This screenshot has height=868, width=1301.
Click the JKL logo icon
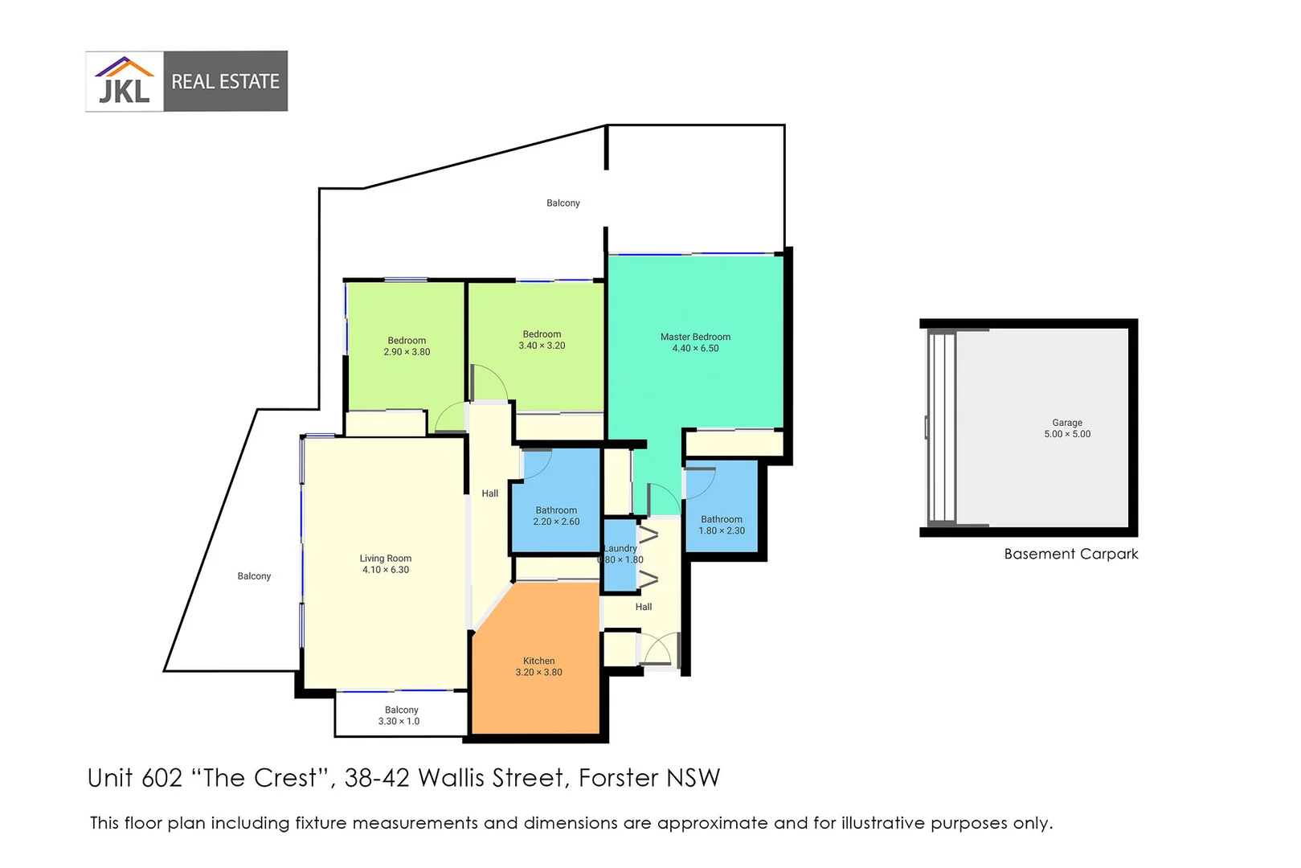tap(125, 81)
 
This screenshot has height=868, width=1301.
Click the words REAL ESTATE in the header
tap(225, 81)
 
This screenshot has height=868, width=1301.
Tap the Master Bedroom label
tap(695, 337)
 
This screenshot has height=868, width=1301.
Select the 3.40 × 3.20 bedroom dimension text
tap(542, 346)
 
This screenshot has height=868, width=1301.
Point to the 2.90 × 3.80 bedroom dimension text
tap(407, 352)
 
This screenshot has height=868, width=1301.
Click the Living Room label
tap(385, 558)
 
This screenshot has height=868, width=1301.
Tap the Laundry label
tap(620, 548)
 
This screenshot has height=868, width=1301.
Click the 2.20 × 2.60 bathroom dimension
tap(556, 522)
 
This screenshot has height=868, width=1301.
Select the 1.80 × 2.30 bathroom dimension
tap(722, 530)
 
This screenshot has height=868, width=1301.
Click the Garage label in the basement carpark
tap(1067, 422)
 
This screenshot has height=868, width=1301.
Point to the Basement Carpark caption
tap(1070, 554)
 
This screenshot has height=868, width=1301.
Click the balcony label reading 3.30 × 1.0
tap(399, 721)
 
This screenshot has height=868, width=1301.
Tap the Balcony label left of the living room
tap(254, 576)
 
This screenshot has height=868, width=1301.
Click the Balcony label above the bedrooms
tap(563, 203)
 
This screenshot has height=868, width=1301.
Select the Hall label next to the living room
tap(489, 493)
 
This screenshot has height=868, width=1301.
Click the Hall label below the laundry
tap(643, 607)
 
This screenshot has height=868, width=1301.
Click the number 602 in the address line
tap(162, 778)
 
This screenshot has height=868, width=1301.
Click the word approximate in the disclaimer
tap(712, 824)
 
